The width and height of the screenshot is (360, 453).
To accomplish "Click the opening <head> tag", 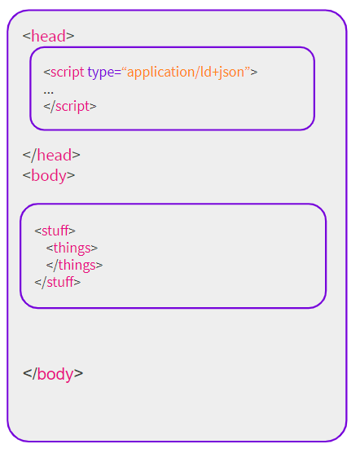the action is [x=49, y=36].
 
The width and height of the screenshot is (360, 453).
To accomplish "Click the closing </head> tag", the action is [x=51, y=155].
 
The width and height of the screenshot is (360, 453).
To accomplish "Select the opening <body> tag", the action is [x=49, y=176].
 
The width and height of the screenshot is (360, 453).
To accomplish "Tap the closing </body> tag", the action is [x=53, y=374].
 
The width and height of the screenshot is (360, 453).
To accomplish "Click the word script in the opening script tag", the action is [x=68, y=73].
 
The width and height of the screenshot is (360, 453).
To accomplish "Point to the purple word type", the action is [x=101, y=73].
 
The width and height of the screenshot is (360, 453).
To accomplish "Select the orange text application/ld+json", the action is [x=186, y=73].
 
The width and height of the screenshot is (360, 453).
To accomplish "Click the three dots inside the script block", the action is [x=49, y=93].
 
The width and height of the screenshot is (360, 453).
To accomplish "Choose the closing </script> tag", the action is [x=70, y=106].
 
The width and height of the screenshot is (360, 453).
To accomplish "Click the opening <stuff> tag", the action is [x=55, y=231].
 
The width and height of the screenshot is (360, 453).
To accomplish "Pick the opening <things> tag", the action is [x=72, y=248].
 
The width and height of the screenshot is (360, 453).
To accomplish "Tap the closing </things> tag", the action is [x=74, y=266].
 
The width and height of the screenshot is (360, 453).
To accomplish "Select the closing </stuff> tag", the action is [x=58, y=282].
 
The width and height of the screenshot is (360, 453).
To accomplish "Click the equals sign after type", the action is [x=117, y=73].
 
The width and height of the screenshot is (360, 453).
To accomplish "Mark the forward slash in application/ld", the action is [x=197, y=73].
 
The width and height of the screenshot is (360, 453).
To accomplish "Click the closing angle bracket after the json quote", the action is [x=254, y=73].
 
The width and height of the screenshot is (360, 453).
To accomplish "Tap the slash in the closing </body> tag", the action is [x=34, y=374].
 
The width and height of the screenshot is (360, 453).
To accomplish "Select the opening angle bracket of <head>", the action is [x=27, y=37].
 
